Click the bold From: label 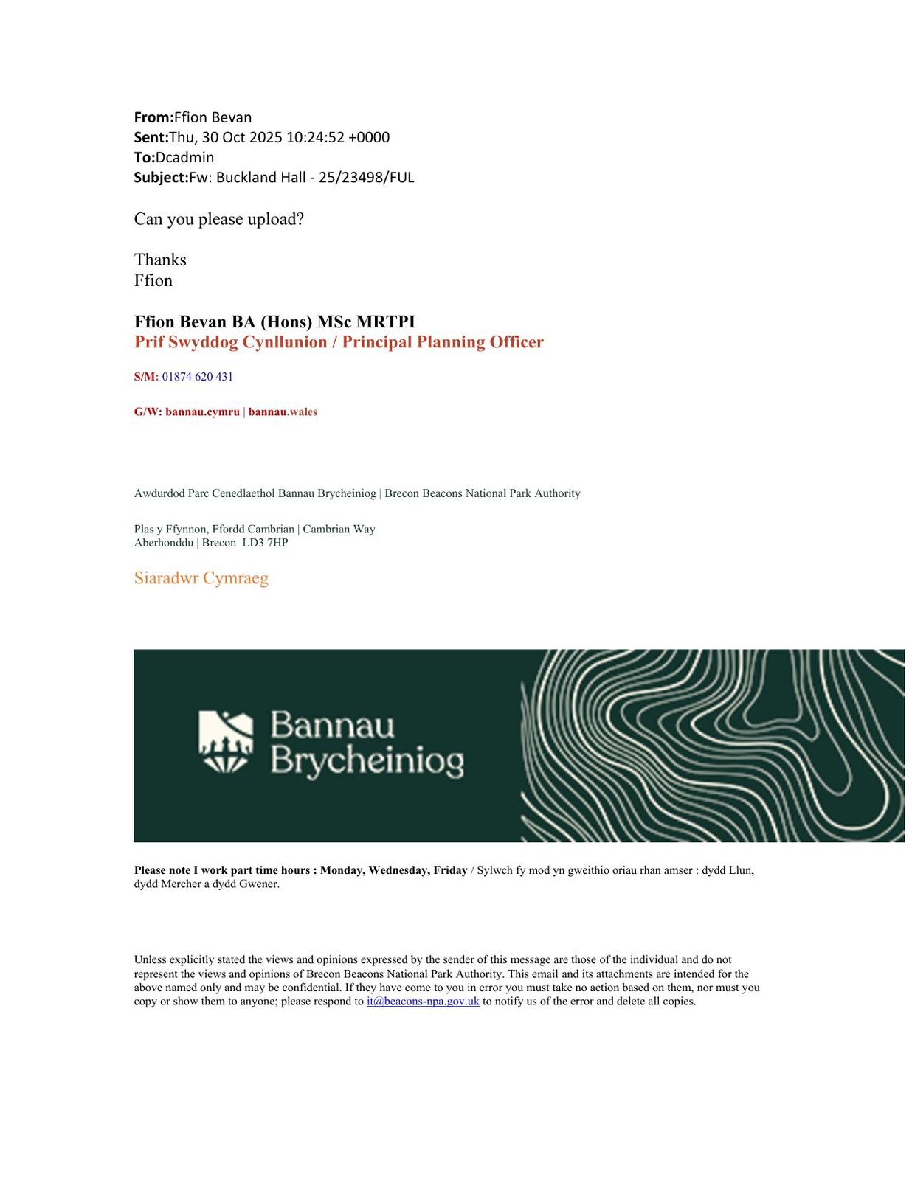[x=153, y=117]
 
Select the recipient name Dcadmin [x=184, y=157]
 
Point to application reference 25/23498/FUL [x=366, y=177]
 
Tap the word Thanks [x=160, y=260]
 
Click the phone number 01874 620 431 [x=197, y=377]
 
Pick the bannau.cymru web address [x=202, y=412]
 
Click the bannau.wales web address [x=283, y=412]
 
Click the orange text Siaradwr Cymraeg [x=201, y=578]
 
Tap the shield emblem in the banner [x=226, y=741]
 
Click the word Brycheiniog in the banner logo [x=367, y=761]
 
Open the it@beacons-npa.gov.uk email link [x=423, y=1002]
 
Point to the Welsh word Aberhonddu [x=164, y=543]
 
